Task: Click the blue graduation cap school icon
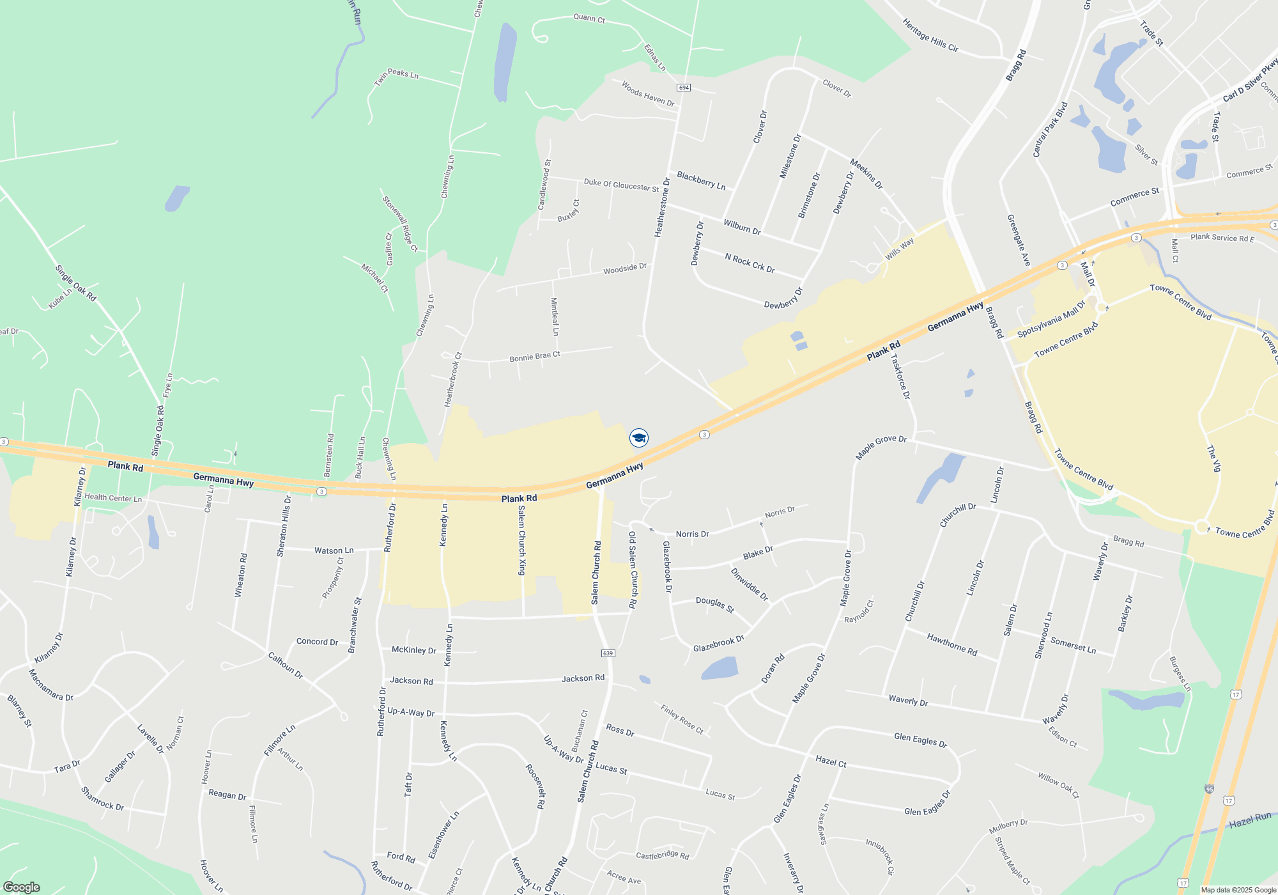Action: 639,438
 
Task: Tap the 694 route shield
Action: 684,87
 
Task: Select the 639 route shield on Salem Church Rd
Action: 608,653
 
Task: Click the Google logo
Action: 21,887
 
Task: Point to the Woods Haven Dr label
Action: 648,94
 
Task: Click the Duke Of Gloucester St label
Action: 621,185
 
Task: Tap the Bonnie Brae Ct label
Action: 535,356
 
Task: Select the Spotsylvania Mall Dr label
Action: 1051,319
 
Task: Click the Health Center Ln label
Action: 113,497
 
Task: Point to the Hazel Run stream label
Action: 1251,820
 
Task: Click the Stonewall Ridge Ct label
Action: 400,224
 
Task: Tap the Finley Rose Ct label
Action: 682,719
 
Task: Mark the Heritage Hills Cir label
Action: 930,35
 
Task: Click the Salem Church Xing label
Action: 522,540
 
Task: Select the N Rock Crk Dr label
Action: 750,263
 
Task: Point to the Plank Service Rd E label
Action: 1222,238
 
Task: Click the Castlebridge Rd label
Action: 662,855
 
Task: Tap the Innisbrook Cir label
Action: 880,856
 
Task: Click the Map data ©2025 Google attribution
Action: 1238,890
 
